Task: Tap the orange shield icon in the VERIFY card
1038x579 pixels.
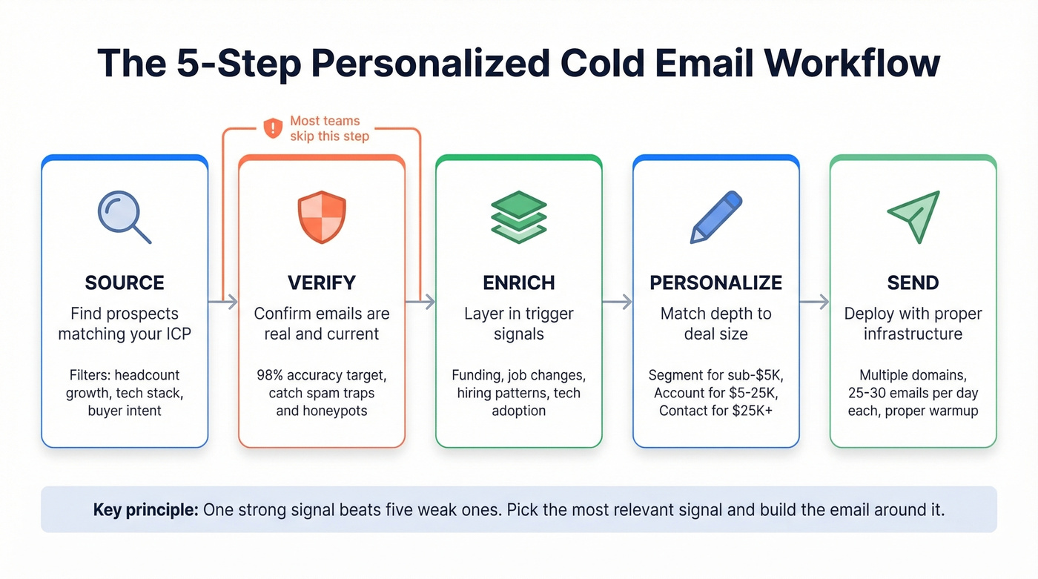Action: coord(322,216)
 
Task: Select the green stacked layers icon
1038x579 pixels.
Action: coord(519,216)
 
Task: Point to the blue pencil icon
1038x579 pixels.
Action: coord(716,216)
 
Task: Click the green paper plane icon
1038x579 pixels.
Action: coord(914,216)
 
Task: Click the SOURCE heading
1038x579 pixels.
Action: coord(125,282)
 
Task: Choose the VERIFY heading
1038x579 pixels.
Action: coord(322,282)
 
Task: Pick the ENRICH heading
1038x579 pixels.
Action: coord(519,282)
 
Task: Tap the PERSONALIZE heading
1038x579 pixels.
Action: coord(716,282)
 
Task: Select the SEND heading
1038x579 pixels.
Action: coord(913,282)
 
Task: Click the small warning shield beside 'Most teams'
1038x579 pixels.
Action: coord(273,128)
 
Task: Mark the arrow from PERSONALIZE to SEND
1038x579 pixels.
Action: coord(814,302)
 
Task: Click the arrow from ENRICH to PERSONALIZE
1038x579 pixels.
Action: coord(617,302)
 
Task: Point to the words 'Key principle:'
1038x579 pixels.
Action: coord(145,510)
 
